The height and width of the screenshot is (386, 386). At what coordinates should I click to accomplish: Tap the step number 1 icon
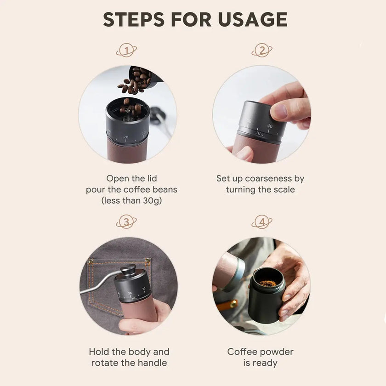tap(126, 50)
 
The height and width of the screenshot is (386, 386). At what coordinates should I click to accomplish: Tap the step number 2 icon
tap(262, 50)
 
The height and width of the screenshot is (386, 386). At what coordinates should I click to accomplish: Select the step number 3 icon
tap(126, 222)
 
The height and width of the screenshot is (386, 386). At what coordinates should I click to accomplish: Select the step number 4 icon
tap(262, 222)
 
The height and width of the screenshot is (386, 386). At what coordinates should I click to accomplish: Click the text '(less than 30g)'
tap(131, 201)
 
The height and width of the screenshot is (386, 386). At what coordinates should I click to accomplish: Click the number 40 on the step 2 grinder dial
tap(270, 126)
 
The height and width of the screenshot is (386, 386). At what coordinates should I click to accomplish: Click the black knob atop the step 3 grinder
tap(128, 269)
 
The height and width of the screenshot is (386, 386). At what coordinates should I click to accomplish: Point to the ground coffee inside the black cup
tap(267, 284)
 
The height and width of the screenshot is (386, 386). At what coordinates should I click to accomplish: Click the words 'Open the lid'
tap(131, 178)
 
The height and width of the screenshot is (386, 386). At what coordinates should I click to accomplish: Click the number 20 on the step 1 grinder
tap(125, 137)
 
